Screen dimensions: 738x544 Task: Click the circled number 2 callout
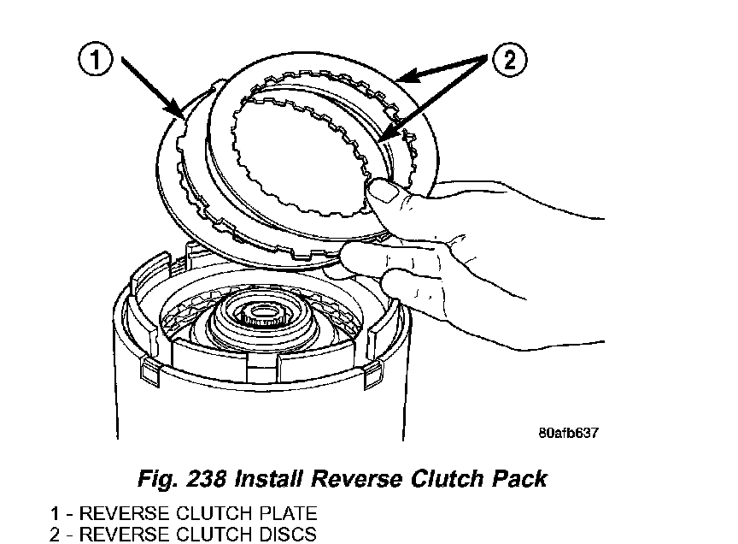coord(509,61)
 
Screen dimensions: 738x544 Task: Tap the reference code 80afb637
coord(568,432)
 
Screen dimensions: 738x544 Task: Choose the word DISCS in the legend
coord(285,535)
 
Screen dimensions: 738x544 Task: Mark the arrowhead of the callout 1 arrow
coord(181,116)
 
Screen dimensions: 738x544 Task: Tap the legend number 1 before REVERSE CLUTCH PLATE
coord(55,514)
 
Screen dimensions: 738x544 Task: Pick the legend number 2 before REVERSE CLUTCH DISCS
coord(55,535)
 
